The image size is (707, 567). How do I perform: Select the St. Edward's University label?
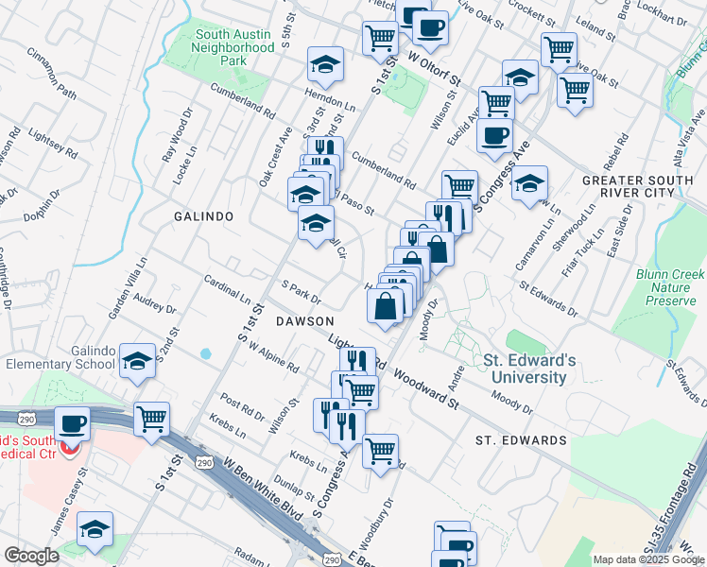[526, 369]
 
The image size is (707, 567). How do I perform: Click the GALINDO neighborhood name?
[203, 216]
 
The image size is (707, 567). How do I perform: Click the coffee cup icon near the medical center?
[73, 422]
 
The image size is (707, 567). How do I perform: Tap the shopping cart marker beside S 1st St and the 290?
[151, 418]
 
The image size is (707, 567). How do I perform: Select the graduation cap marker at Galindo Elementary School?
[138, 361]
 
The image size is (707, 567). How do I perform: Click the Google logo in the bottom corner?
[31, 556]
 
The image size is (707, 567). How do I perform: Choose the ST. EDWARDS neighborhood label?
[520, 440]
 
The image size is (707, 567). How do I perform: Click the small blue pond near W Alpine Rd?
[206, 354]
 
